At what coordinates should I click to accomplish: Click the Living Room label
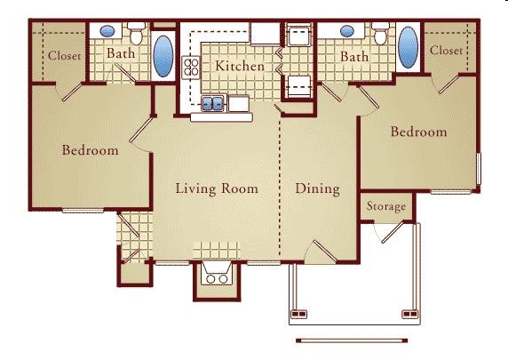point(217,188)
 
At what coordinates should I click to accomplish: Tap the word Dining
point(318,188)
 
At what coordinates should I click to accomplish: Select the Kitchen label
point(240,66)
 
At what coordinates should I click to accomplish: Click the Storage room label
point(386,206)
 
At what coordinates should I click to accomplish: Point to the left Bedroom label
point(90,150)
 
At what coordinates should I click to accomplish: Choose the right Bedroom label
point(418,132)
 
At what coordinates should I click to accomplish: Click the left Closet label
point(65,56)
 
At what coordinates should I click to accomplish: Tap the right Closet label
point(446,51)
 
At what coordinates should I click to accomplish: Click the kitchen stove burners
point(191,68)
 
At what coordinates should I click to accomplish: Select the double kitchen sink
point(213,103)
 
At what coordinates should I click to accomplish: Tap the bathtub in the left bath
point(163,56)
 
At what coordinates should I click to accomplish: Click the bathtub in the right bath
point(408,47)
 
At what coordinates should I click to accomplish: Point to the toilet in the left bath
point(137,34)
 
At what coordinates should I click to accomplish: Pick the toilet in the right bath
point(380,34)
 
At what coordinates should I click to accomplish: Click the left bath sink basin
point(107,31)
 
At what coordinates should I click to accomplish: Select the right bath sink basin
point(347,31)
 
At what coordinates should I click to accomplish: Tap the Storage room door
point(393,232)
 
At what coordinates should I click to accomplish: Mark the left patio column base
point(299,314)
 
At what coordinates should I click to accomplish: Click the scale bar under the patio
point(352,340)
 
